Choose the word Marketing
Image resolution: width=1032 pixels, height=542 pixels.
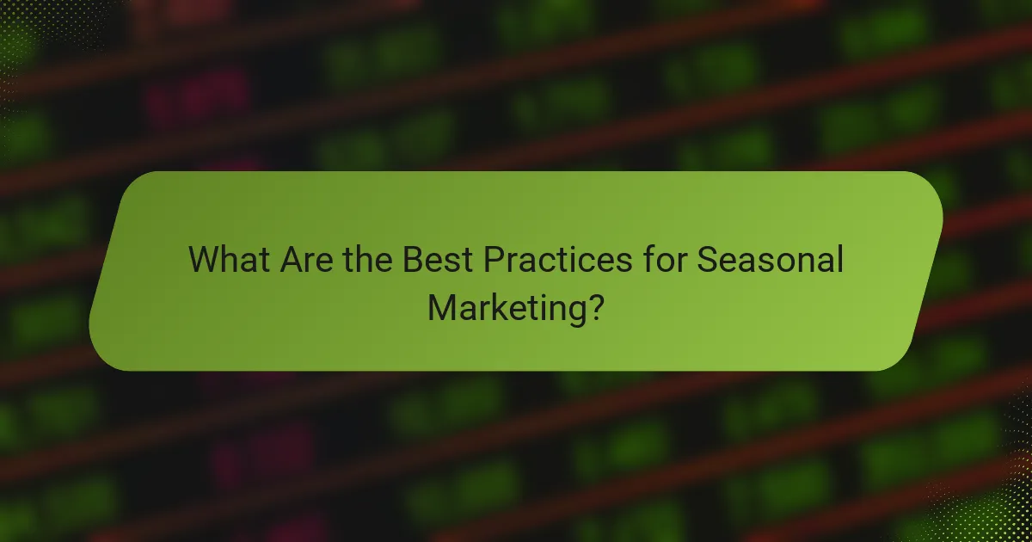pyautogui.click(x=502, y=307)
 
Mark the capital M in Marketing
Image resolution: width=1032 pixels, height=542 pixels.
pyautogui.click(x=442, y=306)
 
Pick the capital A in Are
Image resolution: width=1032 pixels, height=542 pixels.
pyautogui.click(x=291, y=260)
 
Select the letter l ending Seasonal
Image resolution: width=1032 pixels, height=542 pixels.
pyautogui.click(x=838, y=260)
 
